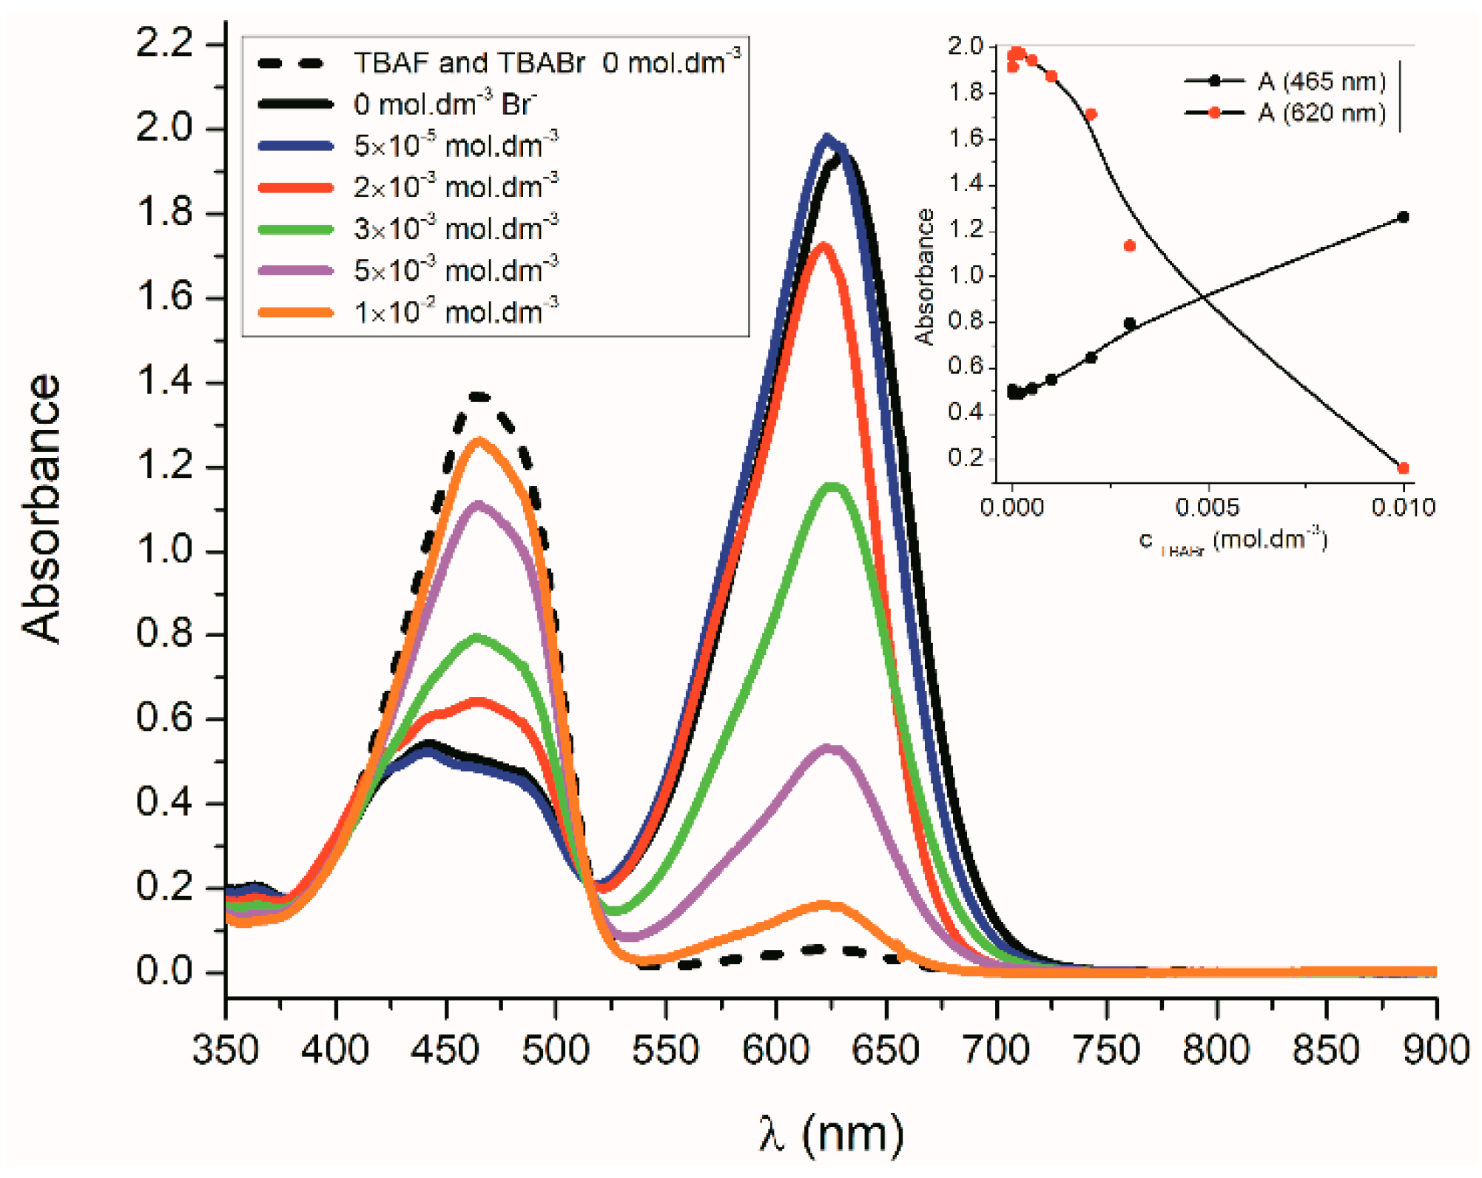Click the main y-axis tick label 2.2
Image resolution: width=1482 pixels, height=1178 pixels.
click(164, 44)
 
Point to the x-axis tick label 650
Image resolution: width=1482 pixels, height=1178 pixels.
click(885, 1050)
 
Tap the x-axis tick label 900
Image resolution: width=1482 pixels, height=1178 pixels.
click(1435, 1050)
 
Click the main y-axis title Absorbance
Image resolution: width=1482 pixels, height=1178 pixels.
click(41, 509)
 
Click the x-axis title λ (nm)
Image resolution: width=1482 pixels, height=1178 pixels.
click(831, 1133)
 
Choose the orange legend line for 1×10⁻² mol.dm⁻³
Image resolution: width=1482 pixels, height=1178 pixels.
click(296, 313)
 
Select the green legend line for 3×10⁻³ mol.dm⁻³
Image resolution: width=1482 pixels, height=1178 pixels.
click(296, 229)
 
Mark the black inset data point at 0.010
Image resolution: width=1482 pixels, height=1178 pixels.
click(1403, 217)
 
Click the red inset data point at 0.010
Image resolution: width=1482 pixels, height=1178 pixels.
click(1403, 468)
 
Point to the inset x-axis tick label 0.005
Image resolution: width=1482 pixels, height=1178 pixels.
click(1207, 508)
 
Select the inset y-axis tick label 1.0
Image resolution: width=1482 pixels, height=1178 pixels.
click(966, 275)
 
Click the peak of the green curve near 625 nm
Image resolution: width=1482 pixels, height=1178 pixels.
click(834, 486)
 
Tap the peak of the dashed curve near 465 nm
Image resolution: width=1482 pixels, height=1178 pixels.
click(479, 397)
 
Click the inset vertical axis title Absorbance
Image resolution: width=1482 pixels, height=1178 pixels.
click(925, 277)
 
